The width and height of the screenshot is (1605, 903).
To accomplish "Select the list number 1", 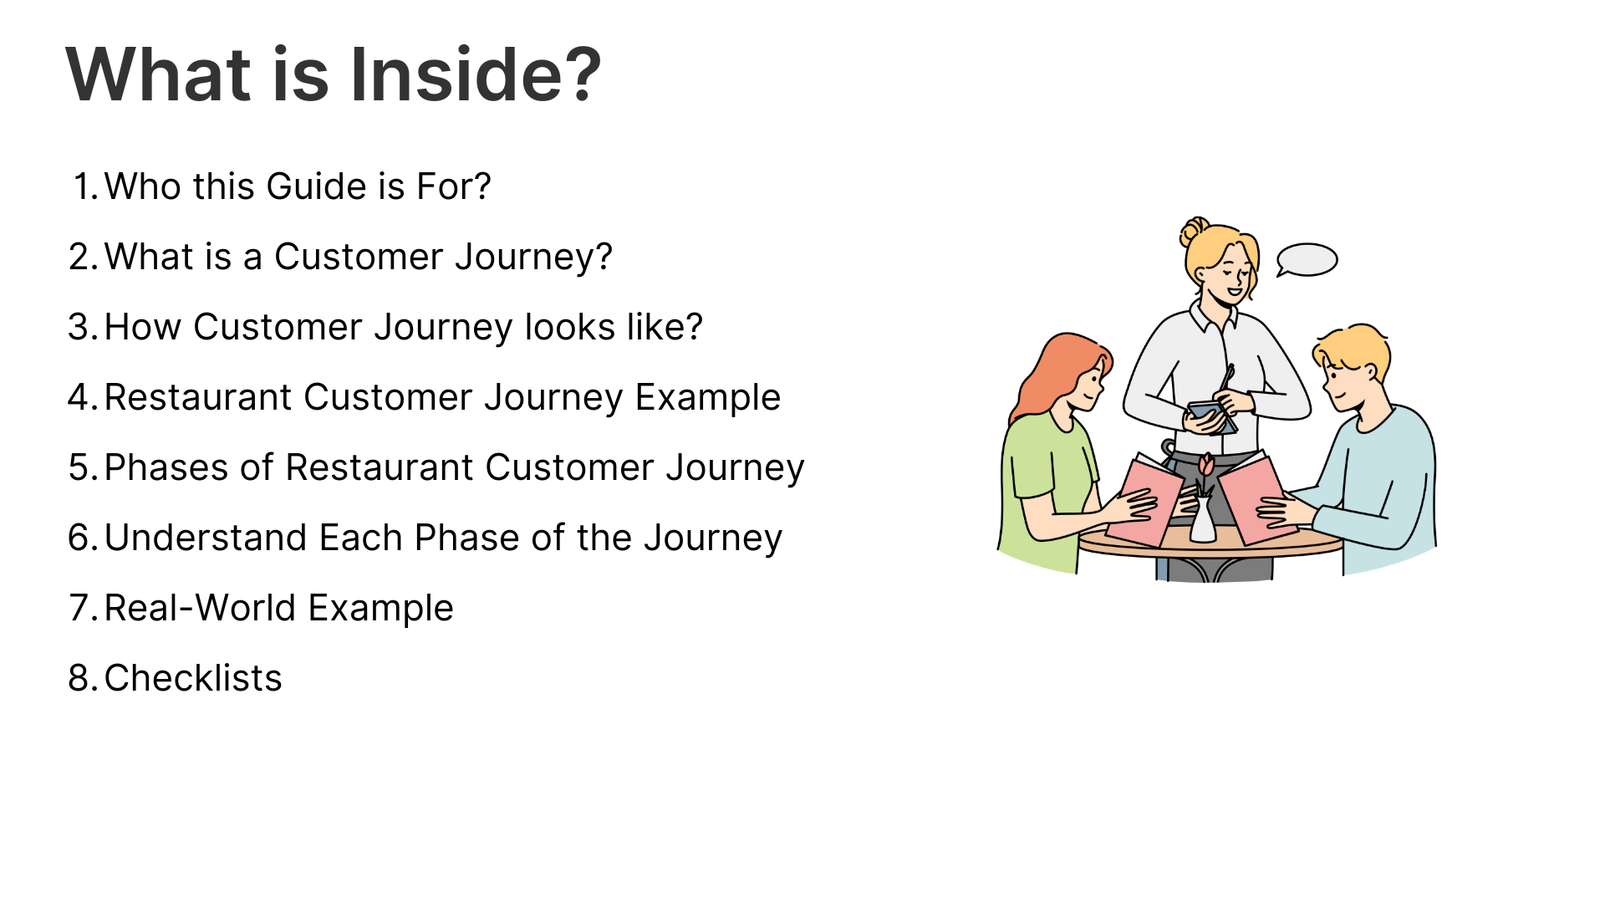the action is click(x=86, y=186).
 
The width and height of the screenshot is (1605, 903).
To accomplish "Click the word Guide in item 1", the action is click(x=317, y=186).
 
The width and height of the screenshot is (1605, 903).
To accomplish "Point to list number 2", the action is click(x=84, y=257).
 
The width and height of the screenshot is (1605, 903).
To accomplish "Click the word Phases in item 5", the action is click(x=167, y=467).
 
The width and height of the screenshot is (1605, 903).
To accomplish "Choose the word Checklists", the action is click(x=193, y=678).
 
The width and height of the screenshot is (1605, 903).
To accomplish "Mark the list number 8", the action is click(x=84, y=678).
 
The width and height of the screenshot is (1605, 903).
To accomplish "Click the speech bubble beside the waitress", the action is click(x=1307, y=260).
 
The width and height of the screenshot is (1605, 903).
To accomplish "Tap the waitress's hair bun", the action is click(x=1194, y=230).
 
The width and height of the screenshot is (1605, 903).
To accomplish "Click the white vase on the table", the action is click(x=1203, y=520).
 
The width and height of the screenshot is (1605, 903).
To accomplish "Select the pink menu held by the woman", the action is click(x=1144, y=502).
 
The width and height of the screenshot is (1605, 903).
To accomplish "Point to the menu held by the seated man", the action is click(x=1258, y=499).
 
